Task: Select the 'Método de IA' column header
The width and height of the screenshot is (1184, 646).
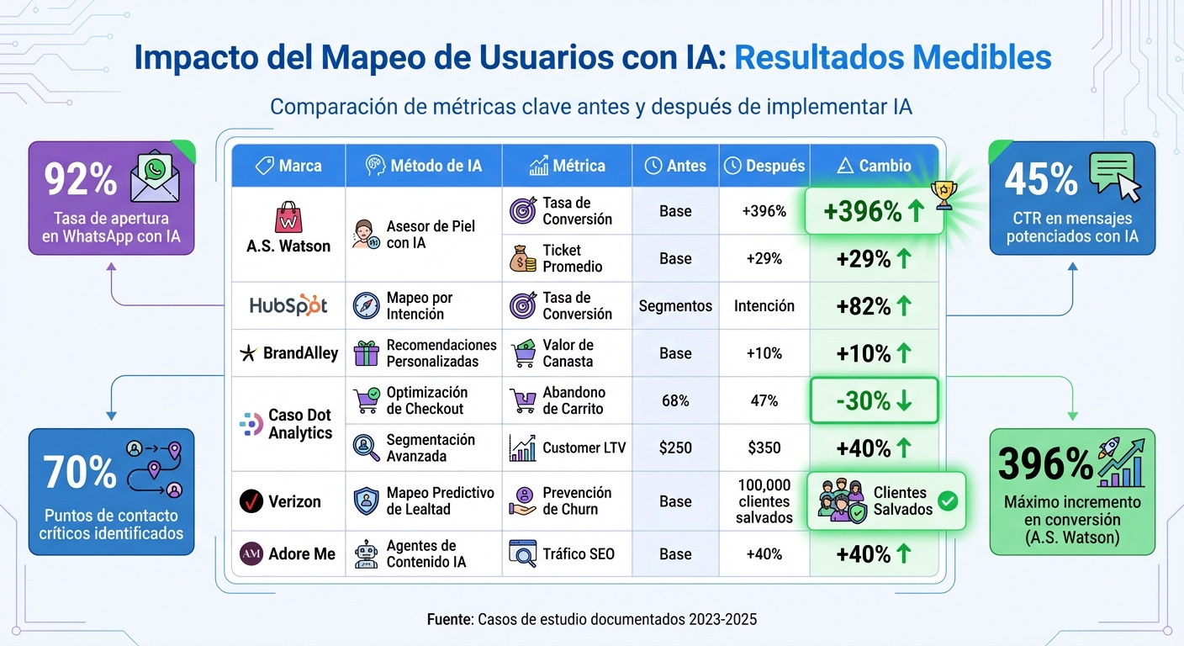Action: coord(424,166)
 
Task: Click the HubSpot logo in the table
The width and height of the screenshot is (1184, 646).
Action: coord(288,305)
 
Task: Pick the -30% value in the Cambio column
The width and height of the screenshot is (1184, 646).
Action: coord(874,400)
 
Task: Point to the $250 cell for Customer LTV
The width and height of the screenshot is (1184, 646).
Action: coord(675,447)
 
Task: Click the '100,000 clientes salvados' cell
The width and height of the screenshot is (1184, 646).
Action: coord(764,501)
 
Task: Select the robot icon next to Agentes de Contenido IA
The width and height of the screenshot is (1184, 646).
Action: coord(366,554)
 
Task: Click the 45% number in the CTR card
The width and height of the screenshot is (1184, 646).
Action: coord(1040,179)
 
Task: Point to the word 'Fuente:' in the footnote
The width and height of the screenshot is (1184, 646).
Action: coord(450,620)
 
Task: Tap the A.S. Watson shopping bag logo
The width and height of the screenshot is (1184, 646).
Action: coord(288,217)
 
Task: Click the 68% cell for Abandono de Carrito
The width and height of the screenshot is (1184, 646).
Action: coord(675,400)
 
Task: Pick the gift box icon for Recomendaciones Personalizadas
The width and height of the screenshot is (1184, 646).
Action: coord(366,353)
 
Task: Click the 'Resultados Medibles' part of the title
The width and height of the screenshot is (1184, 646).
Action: coord(892,57)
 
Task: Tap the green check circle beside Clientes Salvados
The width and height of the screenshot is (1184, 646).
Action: coord(948,501)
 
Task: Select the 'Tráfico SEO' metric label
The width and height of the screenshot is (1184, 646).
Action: coord(579,554)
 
